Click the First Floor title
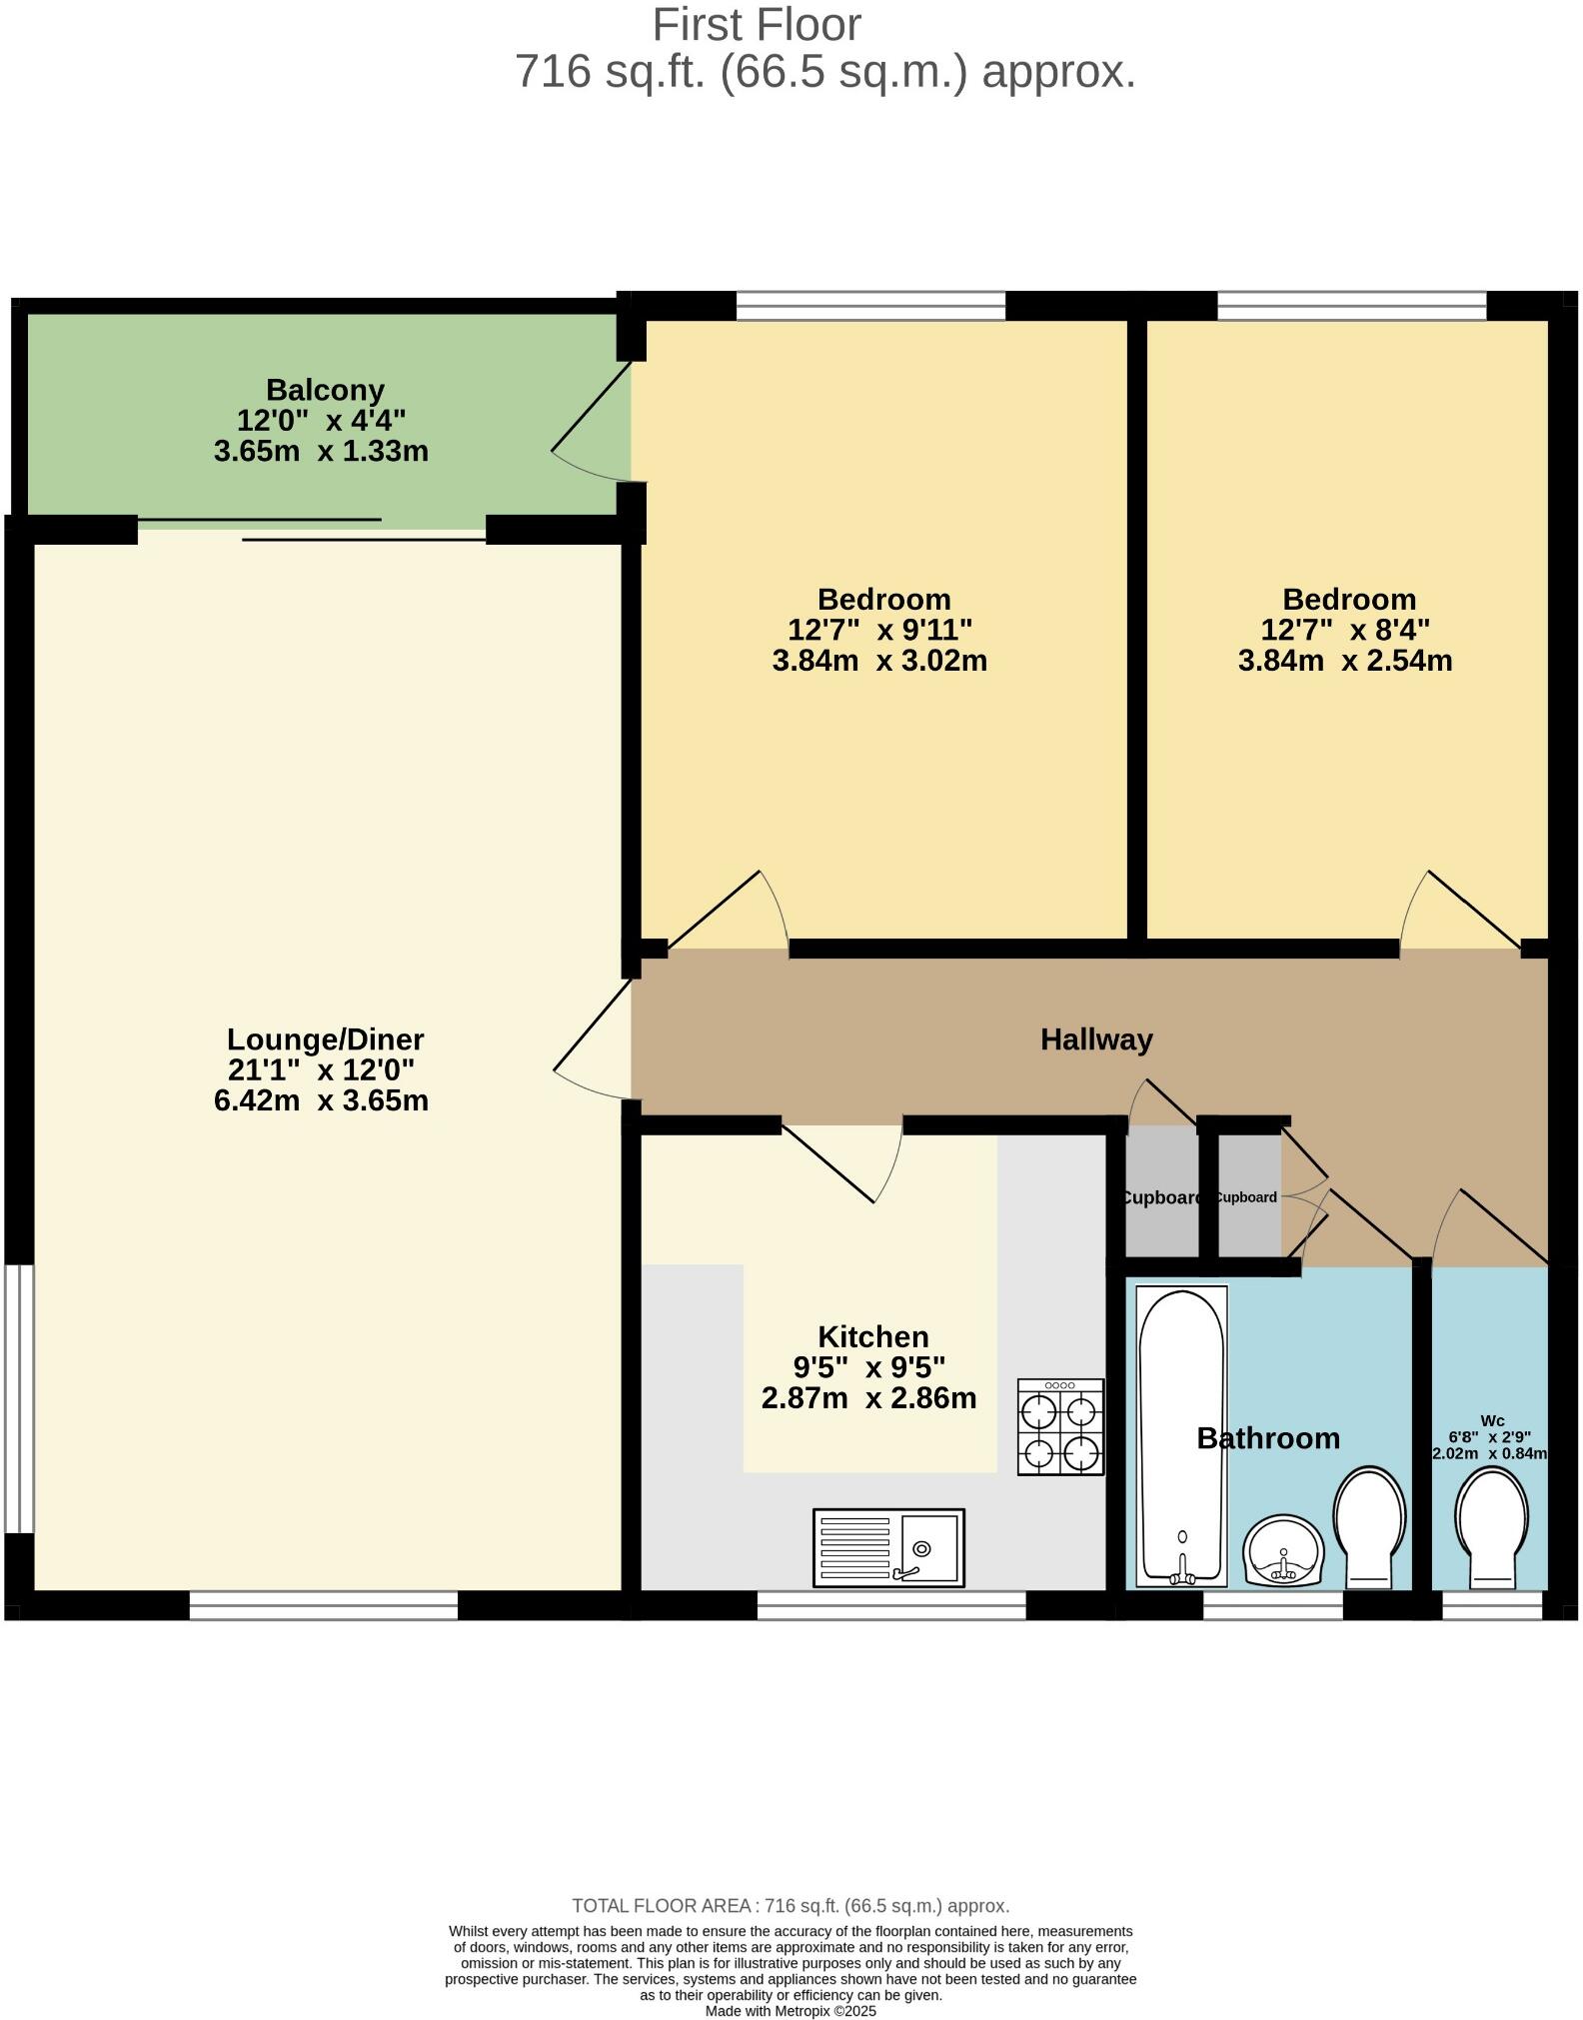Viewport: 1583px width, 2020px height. coord(757,25)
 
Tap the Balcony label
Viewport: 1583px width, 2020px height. coord(325,390)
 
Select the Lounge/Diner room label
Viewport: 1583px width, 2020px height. coord(325,1039)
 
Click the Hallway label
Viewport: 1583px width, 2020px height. coord(1096,1039)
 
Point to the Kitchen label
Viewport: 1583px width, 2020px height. coord(872,1336)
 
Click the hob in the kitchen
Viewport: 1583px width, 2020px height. coord(1060,1426)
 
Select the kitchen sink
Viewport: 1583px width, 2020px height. coord(888,1547)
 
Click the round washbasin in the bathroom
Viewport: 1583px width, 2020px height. coord(1284,1550)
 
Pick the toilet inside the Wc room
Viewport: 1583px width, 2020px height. coord(1491,1526)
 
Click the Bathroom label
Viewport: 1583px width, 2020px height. coord(1267,1438)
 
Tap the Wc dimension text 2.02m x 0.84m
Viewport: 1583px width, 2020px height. coord(1489,1453)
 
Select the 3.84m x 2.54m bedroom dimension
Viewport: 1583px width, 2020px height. coord(1345,661)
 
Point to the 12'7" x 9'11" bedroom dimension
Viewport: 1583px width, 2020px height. coord(879,630)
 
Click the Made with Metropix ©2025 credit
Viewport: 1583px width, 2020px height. coord(791,2011)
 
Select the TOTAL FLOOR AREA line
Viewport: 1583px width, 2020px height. coord(791,1906)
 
